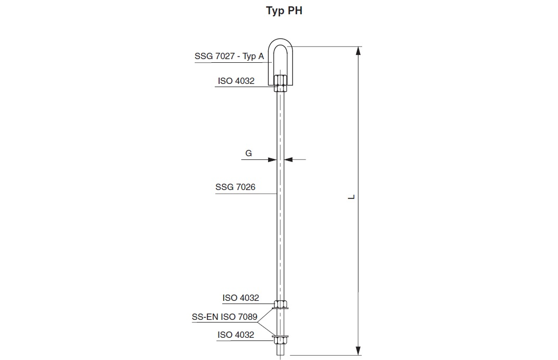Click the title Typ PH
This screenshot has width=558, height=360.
pyautogui.click(x=284, y=12)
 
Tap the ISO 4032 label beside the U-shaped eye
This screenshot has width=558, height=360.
pyautogui.click(x=236, y=81)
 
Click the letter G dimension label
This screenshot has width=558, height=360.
pyautogui.click(x=249, y=154)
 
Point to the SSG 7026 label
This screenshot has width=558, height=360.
pyautogui.click(x=235, y=187)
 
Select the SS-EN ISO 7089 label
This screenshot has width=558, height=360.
pyautogui.click(x=224, y=317)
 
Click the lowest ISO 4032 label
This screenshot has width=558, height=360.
pyautogui.click(x=235, y=335)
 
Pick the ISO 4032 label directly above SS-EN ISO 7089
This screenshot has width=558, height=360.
pyautogui.click(x=241, y=298)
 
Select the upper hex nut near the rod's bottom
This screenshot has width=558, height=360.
pyautogui.click(x=280, y=304)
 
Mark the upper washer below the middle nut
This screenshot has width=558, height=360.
pyautogui.click(x=280, y=308)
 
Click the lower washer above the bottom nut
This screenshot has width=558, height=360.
pyautogui.click(x=280, y=335)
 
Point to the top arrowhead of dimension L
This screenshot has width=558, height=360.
pyautogui.click(x=358, y=51)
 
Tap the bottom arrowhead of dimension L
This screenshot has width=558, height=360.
pyautogui.click(x=358, y=351)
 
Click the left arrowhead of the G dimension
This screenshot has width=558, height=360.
pyautogui.click(x=273, y=159)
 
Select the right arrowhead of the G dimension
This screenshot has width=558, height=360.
pyautogui.click(x=288, y=159)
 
